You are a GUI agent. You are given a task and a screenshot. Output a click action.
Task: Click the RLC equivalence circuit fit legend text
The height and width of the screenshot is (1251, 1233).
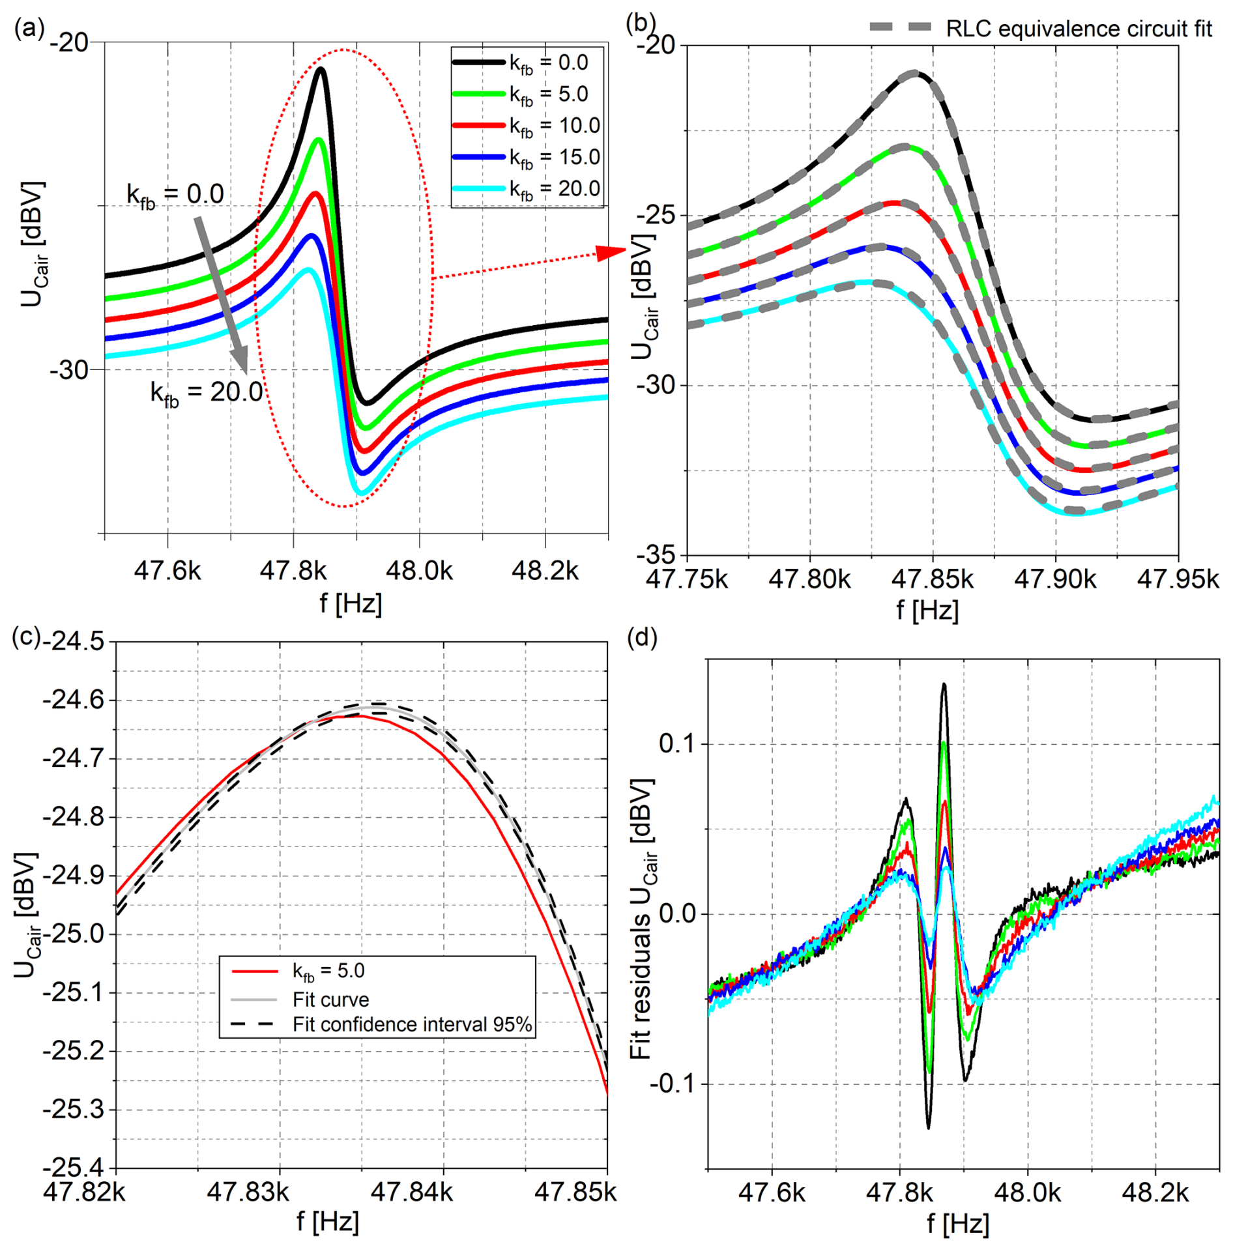(x=1079, y=29)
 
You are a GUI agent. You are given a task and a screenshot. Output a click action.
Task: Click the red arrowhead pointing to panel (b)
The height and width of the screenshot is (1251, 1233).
(x=611, y=253)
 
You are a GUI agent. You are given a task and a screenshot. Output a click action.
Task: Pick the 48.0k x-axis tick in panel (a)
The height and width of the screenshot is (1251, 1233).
(x=419, y=571)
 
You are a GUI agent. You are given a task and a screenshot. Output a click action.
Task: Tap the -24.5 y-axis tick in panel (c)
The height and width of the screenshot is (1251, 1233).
(x=73, y=641)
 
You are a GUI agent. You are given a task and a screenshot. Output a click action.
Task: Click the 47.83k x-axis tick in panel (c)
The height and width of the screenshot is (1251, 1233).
(x=248, y=1192)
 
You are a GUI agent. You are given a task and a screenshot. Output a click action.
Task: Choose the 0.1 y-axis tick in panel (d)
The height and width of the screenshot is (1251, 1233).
(x=677, y=743)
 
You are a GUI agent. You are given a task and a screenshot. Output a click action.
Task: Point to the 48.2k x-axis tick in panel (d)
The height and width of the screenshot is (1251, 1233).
(x=1155, y=1192)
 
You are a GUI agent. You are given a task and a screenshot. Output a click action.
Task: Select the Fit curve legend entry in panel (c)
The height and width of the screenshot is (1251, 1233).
(x=330, y=999)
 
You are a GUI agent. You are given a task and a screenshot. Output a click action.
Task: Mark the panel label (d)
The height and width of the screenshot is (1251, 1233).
(x=642, y=638)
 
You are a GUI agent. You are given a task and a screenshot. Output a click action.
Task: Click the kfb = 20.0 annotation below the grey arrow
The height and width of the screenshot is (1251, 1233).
(x=207, y=393)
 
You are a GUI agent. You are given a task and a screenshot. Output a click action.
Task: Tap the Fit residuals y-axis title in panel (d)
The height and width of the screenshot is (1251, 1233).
(x=643, y=919)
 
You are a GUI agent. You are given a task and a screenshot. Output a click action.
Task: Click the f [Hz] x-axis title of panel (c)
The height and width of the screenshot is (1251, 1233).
(x=328, y=1221)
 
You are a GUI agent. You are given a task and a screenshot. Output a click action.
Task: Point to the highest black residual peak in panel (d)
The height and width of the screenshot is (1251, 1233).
(x=943, y=685)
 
